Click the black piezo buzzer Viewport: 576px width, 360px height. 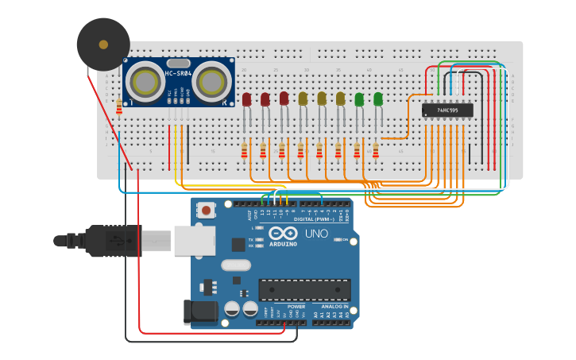[x=103, y=45]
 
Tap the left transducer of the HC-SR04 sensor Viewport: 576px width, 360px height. [x=145, y=81]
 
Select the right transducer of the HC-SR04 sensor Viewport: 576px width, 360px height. [x=211, y=81]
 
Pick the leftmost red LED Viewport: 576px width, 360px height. [x=246, y=99]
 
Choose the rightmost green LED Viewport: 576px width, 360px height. [x=378, y=99]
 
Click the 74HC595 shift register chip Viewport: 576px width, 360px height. [x=447, y=110]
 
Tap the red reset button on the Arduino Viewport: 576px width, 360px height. [x=207, y=211]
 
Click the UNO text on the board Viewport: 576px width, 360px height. [x=316, y=234]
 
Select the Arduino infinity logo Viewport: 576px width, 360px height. [x=283, y=233]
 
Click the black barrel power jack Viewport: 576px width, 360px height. [x=200, y=312]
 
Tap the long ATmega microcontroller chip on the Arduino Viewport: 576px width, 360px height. [x=304, y=290]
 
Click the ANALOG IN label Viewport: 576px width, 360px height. [x=334, y=306]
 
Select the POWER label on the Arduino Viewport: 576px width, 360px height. [x=296, y=306]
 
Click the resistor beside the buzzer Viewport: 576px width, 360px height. [x=119, y=106]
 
